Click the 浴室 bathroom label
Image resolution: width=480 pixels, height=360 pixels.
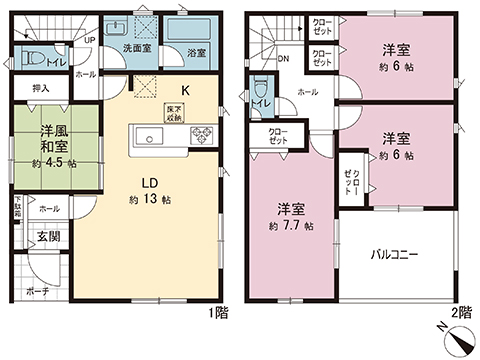coord(196,52)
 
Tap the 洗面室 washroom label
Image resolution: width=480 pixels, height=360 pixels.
coord(137,47)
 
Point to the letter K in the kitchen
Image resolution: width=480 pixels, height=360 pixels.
coord(185,89)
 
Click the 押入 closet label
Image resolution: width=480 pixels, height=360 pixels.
coord(40,88)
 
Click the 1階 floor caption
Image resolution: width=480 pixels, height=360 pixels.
coord(218,313)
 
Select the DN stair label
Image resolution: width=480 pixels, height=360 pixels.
coord(283,58)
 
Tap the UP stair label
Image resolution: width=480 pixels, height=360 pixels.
coord(90,41)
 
